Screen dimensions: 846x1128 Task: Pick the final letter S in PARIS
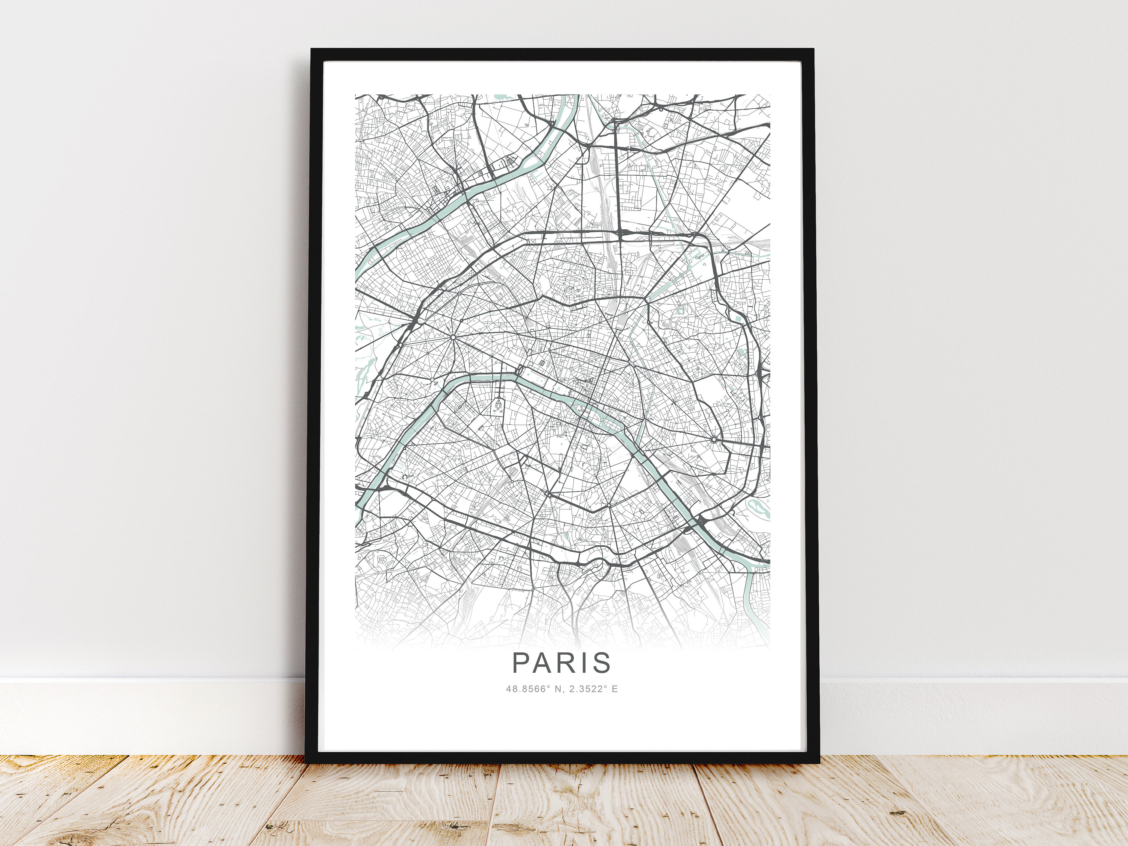603,663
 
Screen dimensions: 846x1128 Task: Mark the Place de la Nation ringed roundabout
714,439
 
